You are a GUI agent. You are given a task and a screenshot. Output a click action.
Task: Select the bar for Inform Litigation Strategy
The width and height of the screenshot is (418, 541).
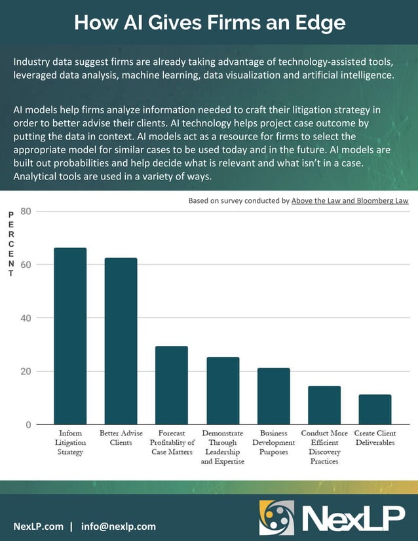pyautogui.click(x=70, y=335)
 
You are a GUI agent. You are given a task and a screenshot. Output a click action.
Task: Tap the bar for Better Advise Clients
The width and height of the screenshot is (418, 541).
pyautogui.click(x=121, y=341)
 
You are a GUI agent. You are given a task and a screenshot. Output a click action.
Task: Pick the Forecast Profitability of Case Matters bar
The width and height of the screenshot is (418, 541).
pyautogui.click(x=172, y=385)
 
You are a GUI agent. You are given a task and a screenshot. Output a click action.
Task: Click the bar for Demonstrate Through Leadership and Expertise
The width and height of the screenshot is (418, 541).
pyautogui.click(x=223, y=390)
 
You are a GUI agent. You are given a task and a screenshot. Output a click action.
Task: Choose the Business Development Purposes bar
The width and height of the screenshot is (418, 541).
pyautogui.click(x=274, y=396)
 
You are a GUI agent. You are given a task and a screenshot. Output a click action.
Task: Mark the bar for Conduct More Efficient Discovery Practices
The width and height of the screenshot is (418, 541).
pyautogui.click(x=324, y=405)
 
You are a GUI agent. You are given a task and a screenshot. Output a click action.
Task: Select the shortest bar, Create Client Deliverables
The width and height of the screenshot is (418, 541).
pyautogui.click(x=375, y=409)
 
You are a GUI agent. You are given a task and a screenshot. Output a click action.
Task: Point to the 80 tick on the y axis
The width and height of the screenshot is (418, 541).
pyautogui.click(x=26, y=212)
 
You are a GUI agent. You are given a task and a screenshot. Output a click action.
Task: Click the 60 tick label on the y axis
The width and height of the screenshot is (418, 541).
pyautogui.click(x=26, y=265)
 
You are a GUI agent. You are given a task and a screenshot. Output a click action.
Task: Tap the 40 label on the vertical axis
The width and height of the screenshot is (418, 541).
pyautogui.click(x=26, y=318)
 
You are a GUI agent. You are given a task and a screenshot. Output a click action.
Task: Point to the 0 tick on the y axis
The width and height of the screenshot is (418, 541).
pyautogui.click(x=29, y=425)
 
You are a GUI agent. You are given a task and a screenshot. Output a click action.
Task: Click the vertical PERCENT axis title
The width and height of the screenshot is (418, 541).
pyautogui.click(x=10, y=244)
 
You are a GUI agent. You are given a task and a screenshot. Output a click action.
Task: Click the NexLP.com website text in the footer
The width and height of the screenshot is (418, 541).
pyautogui.click(x=39, y=526)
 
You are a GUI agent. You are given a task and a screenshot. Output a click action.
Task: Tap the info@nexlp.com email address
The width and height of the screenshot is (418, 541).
pyautogui.click(x=119, y=526)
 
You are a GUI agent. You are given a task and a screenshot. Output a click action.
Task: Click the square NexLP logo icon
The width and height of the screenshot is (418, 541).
pyautogui.click(x=276, y=517)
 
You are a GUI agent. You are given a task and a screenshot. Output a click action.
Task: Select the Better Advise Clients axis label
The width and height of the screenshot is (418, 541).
pyautogui.click(x=121, y=438)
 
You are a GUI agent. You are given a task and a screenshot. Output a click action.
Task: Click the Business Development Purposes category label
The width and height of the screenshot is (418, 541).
pyautogui.click(x=274, y=443)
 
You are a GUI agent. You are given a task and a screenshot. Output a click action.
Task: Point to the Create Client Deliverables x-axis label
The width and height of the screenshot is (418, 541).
pyautogui.click(x=375, y=438)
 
